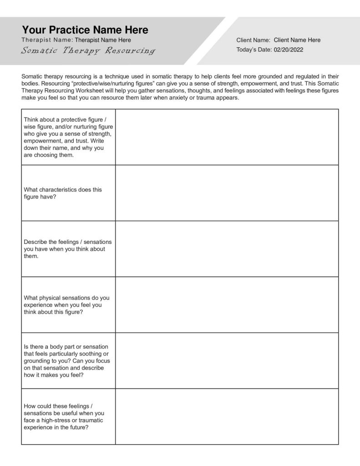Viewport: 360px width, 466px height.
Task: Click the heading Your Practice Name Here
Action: point(85,30)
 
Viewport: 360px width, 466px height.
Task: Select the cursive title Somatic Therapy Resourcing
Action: point(88,51)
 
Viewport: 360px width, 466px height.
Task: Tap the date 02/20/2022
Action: point(289,50)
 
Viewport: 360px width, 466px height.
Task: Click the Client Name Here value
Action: point(297,40)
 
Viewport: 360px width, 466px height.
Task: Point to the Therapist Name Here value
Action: point(102,40)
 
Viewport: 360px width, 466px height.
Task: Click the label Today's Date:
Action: point(254,50)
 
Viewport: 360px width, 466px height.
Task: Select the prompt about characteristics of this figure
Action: point(63,193)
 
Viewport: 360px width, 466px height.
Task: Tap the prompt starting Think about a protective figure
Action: point(68,137)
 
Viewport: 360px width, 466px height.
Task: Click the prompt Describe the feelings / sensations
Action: point(67,249)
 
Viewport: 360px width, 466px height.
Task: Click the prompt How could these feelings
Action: point(64,417)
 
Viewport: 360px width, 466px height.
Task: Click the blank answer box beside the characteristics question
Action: point(227,193)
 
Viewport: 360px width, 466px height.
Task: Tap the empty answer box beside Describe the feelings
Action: point(227,249)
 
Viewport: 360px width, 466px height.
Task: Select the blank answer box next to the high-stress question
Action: point(227,417)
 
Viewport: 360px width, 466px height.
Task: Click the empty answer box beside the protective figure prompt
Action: point(227,137)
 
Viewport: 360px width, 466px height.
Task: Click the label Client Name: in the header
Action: point(253,40)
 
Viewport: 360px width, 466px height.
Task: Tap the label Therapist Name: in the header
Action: point(47,40)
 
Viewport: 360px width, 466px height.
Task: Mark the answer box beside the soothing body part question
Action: point(227,361)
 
